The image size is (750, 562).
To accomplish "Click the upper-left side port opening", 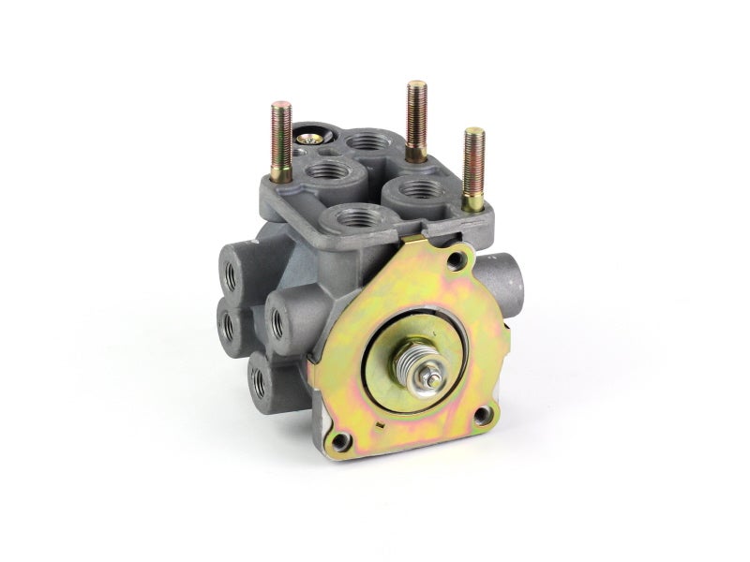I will pos(230,272).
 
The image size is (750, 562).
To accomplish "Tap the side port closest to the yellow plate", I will pos(278,321).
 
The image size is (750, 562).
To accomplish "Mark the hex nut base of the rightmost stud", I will pos(472,200).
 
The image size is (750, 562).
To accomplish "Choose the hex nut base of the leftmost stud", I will pos(279,173).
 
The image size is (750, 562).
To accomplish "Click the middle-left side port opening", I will pos(228,323).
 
